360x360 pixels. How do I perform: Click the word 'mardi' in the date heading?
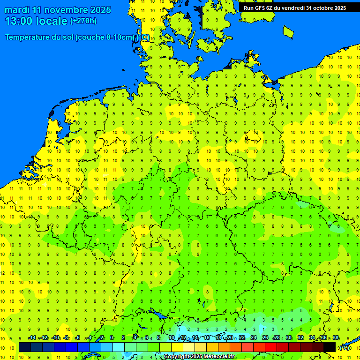tap(17, 10)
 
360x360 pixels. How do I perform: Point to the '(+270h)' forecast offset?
tap(83, 21)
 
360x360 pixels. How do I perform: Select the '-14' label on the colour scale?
tap(32, 338)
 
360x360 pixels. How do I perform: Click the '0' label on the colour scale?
tap(112, 338)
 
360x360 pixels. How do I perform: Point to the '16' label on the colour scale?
tap(207, 338)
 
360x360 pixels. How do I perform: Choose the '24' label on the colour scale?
tap(254, 338)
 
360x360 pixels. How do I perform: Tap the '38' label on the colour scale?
tap(336, 338)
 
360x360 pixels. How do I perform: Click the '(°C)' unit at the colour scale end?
tap(344, 347)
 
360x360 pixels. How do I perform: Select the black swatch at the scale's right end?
tap(330, 347)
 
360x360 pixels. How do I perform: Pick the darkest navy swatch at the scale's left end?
tap(25, 347)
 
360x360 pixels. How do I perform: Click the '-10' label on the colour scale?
tap(55, 338)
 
